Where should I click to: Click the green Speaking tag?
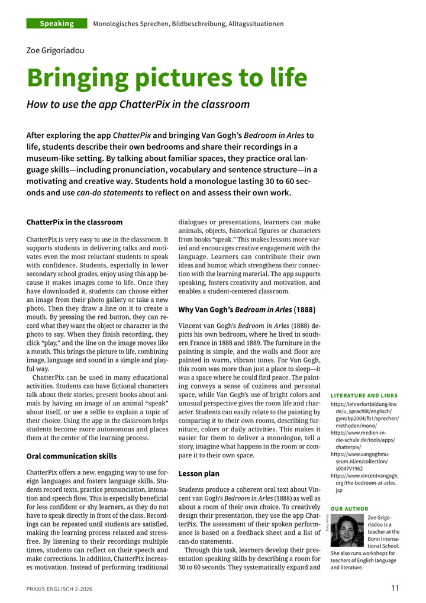(x=57, y=24)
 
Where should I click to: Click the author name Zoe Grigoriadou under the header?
(x=56, y=50)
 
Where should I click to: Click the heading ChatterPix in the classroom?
(x=75, y=222)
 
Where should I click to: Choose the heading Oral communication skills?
(x=72, y=456)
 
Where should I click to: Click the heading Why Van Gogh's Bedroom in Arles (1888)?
(x=247, y=309)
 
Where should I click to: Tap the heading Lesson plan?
(x=199, y=473)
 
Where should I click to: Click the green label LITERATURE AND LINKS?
(x=364, y=395)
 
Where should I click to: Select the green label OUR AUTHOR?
(x=349, y=509)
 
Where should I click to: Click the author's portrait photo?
(x=347, y=531)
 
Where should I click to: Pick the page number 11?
(x=395, y=588)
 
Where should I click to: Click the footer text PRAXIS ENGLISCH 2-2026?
(x=59, y=589)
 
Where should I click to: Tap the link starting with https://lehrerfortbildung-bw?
(x=363, y=404)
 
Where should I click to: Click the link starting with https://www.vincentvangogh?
(x=364, y=475)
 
